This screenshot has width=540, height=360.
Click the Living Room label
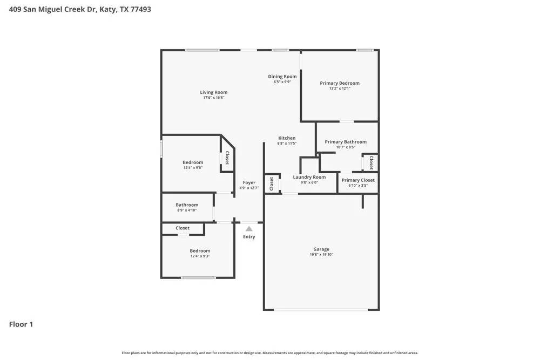tap(214, 92)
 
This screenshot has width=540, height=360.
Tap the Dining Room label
tap(282, 77)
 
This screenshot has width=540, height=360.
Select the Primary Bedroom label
tap(340, 83)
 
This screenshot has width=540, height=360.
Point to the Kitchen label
tap(287, 138)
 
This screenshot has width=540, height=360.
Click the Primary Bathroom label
tap(346, 142)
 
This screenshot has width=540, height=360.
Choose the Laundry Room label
tap(309, 177)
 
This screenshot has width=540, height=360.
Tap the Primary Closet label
tap(358, 180)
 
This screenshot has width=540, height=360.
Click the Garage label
tap(321, 249)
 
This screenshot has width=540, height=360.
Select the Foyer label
tap(249, 183)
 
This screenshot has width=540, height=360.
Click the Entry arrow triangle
tap(249, 229)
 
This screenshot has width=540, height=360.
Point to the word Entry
tap(249, 237)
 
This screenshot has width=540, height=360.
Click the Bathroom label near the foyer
tap(187, 205)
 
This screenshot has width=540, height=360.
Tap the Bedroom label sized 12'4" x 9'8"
tap(193, 162)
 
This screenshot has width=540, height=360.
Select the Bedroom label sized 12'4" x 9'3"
tap(200, 251)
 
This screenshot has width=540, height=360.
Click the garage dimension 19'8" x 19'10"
tap(321, 255)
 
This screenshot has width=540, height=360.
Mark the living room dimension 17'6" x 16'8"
tap(214, 98)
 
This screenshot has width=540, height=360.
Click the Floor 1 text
tap(21, 324)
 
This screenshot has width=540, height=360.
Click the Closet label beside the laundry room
tap(272, 184)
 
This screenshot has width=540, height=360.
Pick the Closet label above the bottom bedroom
tap(183, 228)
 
